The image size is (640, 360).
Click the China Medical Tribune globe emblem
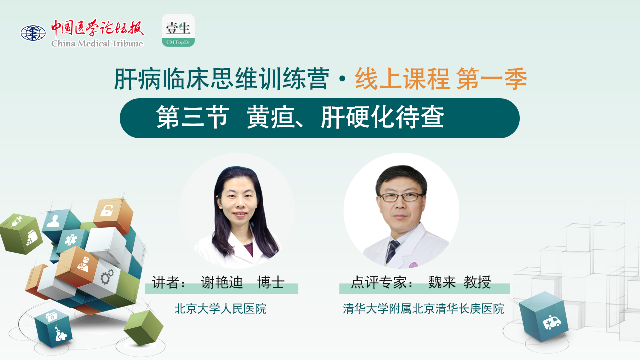coord(33,33)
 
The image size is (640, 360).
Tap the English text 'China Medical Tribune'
coord(97,43)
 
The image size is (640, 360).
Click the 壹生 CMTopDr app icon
coord(178,30)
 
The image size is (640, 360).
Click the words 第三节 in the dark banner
coord(192,118)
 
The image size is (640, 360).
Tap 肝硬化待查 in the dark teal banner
coord(382,118)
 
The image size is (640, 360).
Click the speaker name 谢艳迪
coord(221,282)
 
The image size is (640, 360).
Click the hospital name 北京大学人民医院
coord(220,309)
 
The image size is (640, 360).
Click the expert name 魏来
coord(442,283)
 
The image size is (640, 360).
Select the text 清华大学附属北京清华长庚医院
coord(423,309)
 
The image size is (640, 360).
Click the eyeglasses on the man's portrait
coord(401,197)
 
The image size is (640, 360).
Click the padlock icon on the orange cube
coord(107,211)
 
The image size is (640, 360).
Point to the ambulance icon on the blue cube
coord(552,322)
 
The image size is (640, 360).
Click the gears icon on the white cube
coord(107,276)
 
